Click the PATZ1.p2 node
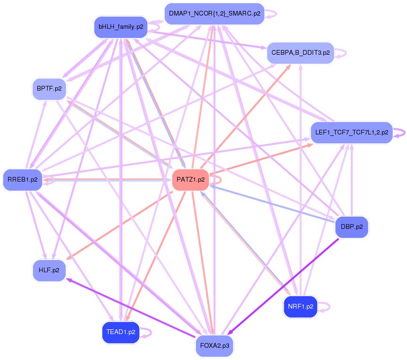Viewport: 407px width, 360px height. coord(190,180)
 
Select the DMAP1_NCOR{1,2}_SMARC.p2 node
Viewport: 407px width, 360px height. coord(214,13)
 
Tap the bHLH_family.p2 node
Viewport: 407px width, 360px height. coord(121,27)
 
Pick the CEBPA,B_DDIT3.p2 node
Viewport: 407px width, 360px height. coord(300,52)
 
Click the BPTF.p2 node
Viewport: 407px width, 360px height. coord(49,88)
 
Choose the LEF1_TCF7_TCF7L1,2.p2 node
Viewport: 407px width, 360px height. coord(351,133)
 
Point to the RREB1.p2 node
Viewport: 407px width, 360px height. coord(23,179)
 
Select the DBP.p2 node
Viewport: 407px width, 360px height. coord(351,227)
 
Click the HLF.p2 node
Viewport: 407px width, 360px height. coord(49,270)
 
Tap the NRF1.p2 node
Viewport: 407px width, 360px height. coord(300,307)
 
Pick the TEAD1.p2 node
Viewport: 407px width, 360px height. coord(121,332)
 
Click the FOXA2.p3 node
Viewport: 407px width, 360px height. coord(214,346)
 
